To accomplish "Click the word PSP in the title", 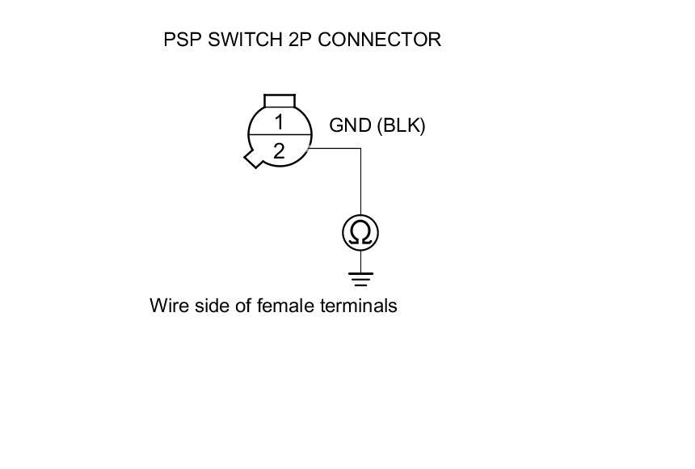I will coord(183,40).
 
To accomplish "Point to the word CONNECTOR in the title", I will coord(379,40).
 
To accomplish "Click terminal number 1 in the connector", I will coord(279,122).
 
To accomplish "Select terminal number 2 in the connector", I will coord(279,150).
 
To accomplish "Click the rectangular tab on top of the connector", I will coord(280,99).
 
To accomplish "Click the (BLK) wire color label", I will coord(401,126).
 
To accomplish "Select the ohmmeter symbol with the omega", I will coord(360,233).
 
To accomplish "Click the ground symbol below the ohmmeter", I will coord(360,280).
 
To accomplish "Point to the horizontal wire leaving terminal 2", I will coord(335,148).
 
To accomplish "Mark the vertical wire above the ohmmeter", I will coord(360,182).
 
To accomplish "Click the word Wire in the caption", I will coord(170,306).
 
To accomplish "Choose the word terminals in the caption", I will coord(359,306).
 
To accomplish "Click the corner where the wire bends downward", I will coord(360,148).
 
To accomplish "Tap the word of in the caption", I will coord(244,306).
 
